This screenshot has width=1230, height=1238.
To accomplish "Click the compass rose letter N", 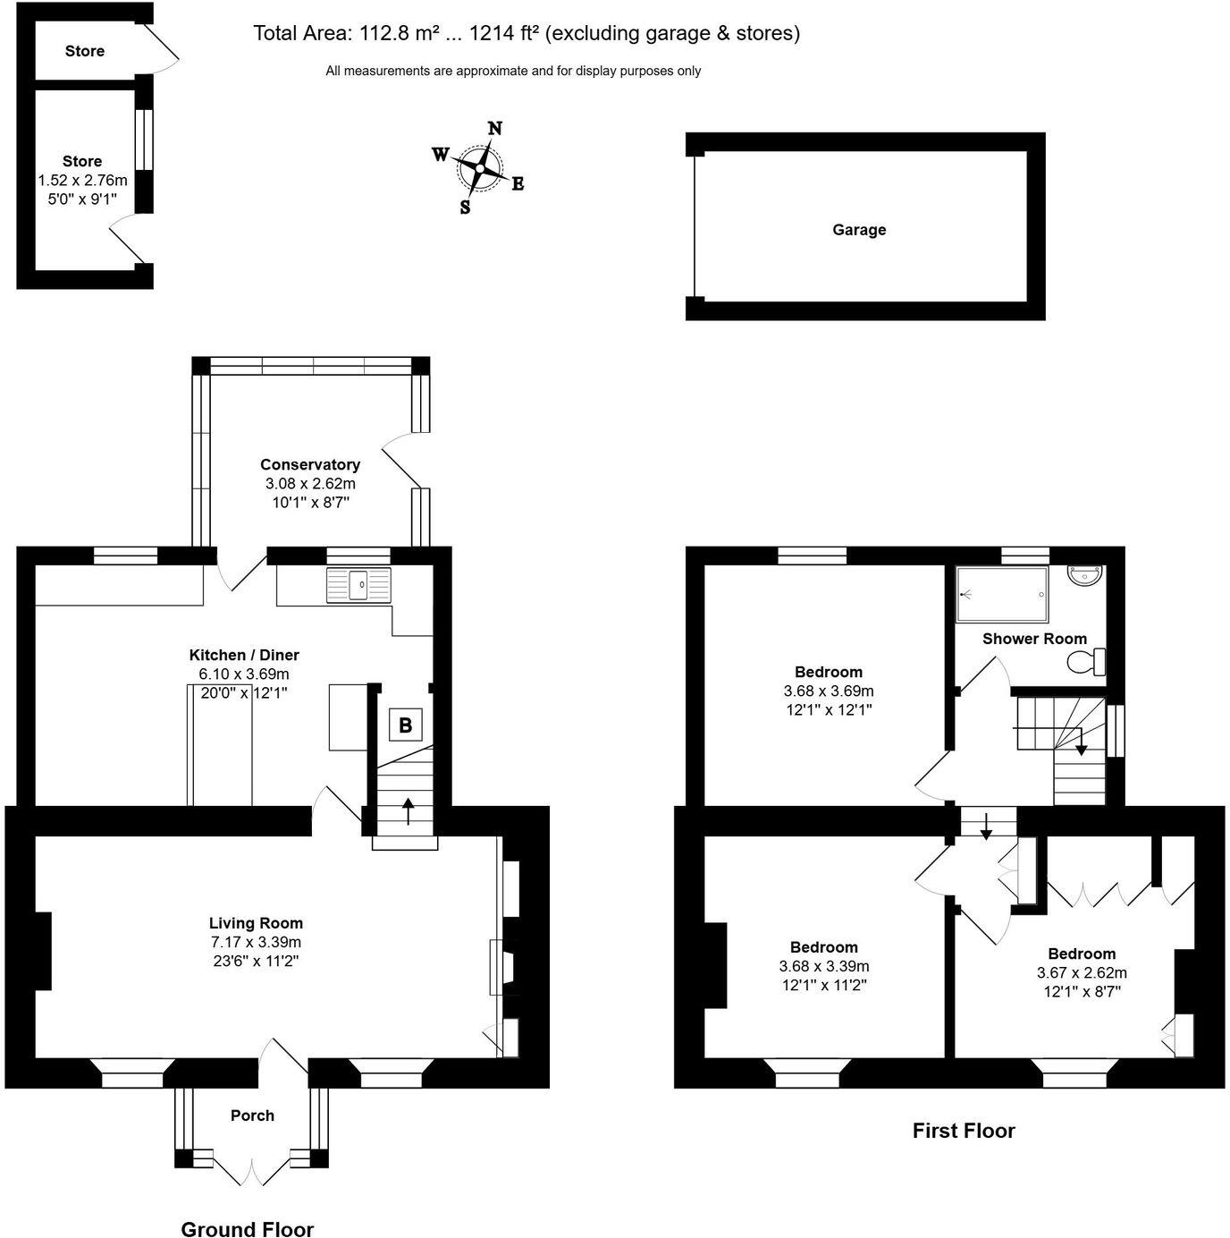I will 494,129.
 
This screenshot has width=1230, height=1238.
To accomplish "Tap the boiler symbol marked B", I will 405,725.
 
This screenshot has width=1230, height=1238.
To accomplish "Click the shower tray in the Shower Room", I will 1001,594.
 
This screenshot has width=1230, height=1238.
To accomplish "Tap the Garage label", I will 859,230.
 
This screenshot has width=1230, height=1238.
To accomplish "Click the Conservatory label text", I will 310,464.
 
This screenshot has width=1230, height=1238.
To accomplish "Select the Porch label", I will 252,1115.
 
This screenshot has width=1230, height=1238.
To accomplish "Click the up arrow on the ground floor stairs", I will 409,810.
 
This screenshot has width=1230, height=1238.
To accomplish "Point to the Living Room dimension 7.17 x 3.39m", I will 256,942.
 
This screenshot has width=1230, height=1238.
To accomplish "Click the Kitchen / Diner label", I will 244,655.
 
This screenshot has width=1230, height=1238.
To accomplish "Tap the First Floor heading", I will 964,1131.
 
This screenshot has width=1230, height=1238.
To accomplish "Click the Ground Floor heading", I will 248,1229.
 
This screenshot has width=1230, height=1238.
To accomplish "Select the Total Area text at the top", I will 527,34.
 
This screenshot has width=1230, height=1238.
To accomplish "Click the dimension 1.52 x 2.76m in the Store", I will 82,181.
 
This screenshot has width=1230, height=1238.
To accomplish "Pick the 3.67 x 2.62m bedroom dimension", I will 1082,972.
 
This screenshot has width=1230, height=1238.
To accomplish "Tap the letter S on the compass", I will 465,208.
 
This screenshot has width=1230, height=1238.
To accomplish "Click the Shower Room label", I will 1034,639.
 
